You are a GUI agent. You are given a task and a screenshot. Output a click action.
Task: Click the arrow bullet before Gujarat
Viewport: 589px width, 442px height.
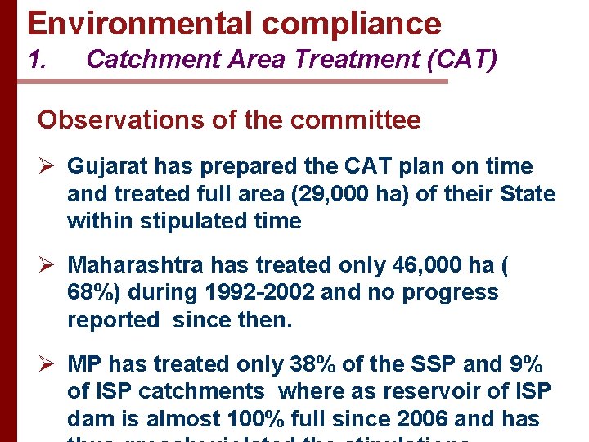pos(48,167)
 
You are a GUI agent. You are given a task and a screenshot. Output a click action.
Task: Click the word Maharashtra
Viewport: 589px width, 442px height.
pos(136,265)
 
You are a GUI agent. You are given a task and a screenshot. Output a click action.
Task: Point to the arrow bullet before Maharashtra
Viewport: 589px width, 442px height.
pos(48,265)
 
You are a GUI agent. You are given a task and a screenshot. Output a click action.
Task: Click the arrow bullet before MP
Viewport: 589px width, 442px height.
pos(48,364)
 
